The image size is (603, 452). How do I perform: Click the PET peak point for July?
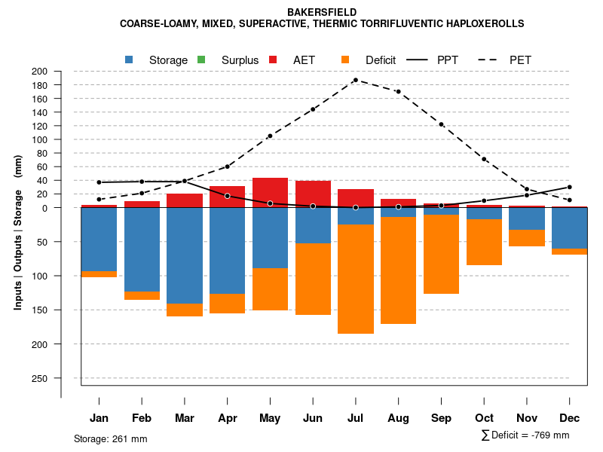point(355,80)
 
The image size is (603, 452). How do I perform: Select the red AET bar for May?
point(270,192)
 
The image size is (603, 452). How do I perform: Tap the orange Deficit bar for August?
point(398,270)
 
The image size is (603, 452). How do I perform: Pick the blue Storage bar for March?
point(185,255)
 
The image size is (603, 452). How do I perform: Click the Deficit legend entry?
point(369,60)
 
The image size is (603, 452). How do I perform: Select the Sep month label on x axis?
point(441,418)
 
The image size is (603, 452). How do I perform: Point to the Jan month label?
point(99,418)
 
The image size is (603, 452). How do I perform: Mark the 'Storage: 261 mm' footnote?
point(111,438)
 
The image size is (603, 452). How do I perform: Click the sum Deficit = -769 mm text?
point(525,435)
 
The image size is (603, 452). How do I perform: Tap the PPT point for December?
point(569,187)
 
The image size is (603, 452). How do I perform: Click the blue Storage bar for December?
point(569,228)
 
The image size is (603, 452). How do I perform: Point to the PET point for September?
point(441,124)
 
